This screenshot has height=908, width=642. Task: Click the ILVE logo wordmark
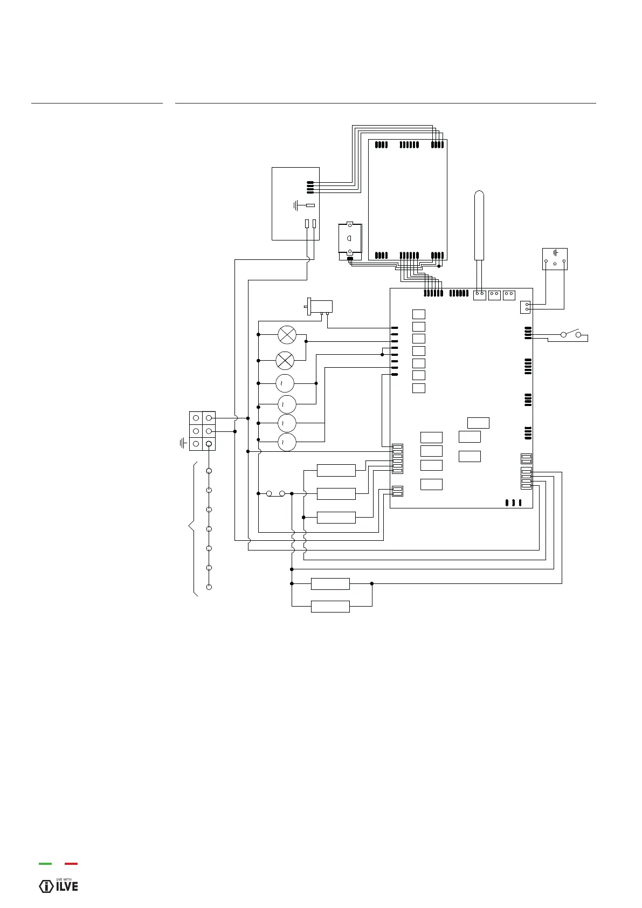coord(67,886)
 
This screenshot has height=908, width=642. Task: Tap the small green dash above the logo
coord(45,864)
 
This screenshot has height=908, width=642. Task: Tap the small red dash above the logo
coord(71,864)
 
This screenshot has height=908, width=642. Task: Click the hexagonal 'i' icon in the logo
coord(46,886)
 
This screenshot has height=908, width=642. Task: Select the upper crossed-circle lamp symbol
coord(287,335)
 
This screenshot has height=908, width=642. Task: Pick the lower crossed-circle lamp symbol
coord(285,360)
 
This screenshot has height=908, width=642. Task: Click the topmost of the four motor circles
coord(285,383)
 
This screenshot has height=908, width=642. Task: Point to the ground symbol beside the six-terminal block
coord(183,443)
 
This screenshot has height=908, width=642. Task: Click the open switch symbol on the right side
coord(571,334)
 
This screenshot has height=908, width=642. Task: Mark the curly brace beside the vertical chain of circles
coord(192,528)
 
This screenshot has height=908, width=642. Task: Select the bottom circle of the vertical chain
coord(209,587)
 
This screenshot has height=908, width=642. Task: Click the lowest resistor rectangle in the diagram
coord(330,607)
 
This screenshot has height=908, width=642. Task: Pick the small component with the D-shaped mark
coord(349,238)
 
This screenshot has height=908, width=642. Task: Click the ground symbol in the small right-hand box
coord(555,252)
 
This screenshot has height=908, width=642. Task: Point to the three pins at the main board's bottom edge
coord(513,503)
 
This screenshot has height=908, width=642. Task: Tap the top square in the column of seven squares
coord(418,314)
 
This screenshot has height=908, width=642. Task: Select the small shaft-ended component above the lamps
coord(319,307)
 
